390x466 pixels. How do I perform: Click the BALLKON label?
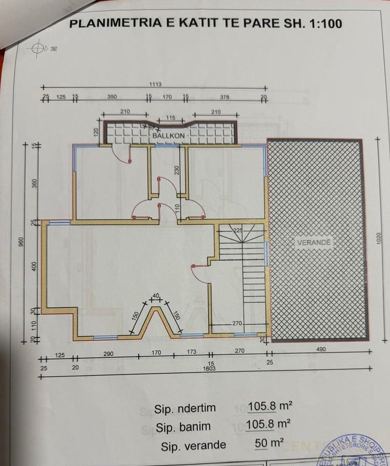tap(168, 136)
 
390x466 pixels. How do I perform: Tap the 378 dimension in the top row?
tap(224, 97)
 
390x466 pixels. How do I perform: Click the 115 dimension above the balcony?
tap(169, 118)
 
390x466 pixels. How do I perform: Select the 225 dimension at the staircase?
tap(238, 230)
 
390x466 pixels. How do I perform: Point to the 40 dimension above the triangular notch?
tap(156, 295)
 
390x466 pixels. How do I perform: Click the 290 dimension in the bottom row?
tap(108, 354)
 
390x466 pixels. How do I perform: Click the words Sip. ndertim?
tap(185, 408)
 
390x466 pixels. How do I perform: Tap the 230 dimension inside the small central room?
tap(178, 170)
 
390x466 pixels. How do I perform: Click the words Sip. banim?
tap(183, 427)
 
